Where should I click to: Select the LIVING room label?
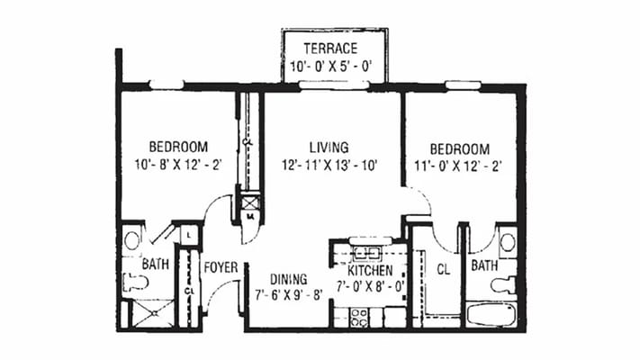(x=329, y=147)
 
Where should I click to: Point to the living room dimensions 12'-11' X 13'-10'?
(x=329, y=165)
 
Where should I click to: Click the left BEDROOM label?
(x=178, y=147)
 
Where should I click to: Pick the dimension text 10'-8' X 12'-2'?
(x=178, y=165)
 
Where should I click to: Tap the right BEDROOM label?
(x=459, y=148)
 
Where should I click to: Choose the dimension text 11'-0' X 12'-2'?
(x=459, y=166)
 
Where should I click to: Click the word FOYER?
(x=220, y=267)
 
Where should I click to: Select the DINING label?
(x=288, y=278)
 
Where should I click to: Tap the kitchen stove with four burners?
(x=358, y=316)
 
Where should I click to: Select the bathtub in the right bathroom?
(x=490, y=315)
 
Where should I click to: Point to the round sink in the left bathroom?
(x=132, y=240)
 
